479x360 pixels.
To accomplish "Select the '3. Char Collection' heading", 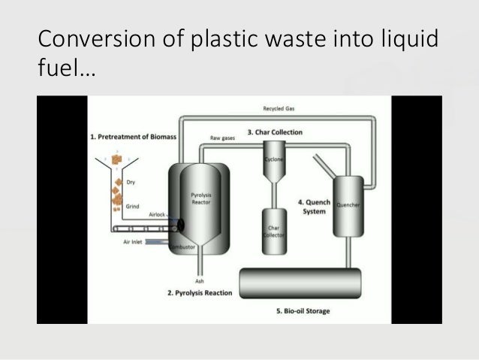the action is (x=277, y=132).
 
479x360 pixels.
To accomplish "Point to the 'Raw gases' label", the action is (x=222, y=138).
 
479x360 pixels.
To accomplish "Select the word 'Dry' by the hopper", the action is (x=131, y=180).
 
